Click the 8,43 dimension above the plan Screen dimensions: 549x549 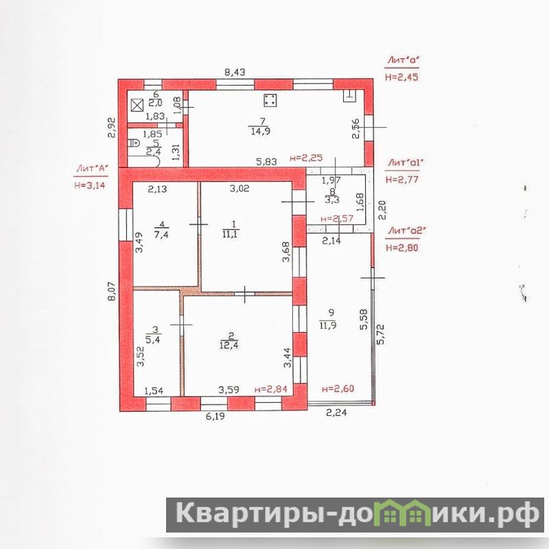pos(235,73)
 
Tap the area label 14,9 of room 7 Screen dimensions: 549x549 pos(260,131)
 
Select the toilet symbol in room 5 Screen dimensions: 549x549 pos(134,143)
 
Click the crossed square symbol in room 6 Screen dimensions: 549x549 pos(137,106)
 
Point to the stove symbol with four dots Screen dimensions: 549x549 pos(270,100)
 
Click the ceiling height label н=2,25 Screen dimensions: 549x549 pos(306,158)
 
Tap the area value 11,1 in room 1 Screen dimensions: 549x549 pos(230,234)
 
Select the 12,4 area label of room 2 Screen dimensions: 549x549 pos(229,346)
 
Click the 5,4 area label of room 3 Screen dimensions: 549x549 pos(152,339)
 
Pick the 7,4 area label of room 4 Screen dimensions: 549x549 pos(161,234)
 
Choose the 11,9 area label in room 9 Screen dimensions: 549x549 pos(328,325)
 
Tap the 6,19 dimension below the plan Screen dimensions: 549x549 pos(215,417)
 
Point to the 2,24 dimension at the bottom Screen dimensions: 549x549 pos(336,413)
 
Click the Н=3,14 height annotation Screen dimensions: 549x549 pos(90,185)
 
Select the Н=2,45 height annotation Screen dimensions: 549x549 pos(401,77)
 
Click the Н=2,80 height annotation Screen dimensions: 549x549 pos(402,248)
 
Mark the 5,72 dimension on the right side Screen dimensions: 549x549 pos(381,334)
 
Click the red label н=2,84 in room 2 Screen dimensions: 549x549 pos(271,389)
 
